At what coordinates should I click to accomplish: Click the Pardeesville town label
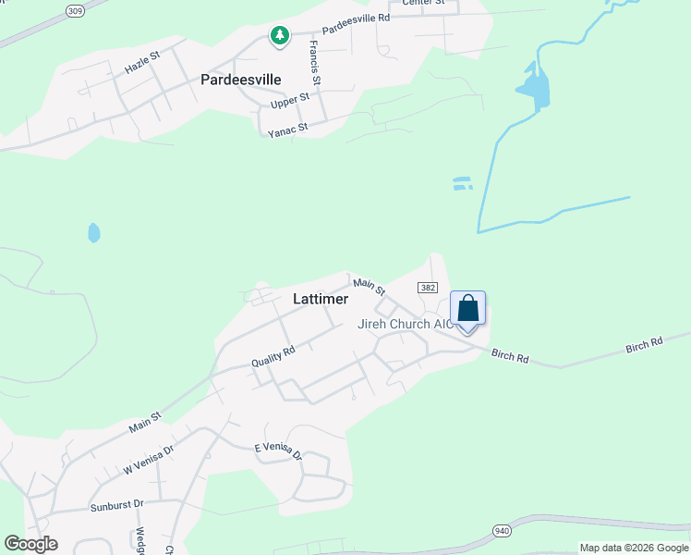240,80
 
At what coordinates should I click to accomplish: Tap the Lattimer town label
321,300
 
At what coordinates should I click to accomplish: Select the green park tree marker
279,36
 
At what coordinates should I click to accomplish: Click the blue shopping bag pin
467,309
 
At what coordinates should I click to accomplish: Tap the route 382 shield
427,289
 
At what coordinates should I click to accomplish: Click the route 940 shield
502,530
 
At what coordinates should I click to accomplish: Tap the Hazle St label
142,62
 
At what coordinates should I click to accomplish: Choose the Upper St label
289,101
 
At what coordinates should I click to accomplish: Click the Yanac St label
287,130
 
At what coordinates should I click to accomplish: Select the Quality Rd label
273,356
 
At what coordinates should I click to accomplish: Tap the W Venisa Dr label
149,460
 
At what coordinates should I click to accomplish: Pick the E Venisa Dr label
278,450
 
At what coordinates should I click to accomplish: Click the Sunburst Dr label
116,505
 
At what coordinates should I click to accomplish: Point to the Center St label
423,3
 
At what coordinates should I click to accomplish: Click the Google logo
30,544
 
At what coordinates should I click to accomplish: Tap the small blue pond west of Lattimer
93,232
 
